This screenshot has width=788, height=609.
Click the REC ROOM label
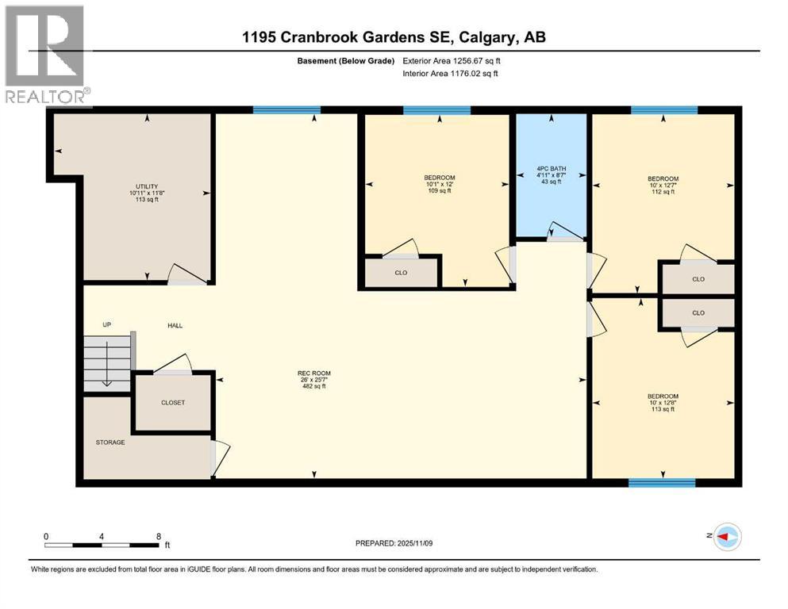coord(313,373)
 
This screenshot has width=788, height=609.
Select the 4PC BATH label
coord(552,168)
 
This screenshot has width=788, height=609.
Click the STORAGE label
coord(110,442)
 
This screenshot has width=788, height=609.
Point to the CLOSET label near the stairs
coord(172,403)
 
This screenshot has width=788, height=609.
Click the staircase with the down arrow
coord(107,362)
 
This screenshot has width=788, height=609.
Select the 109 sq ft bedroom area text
coord(439,191)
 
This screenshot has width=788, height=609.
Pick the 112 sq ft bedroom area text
coord(663,192)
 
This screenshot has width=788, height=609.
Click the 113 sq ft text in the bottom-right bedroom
coord(663,410)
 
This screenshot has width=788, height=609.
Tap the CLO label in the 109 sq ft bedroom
coord(401,273)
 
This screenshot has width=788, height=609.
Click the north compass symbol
coord(726,538)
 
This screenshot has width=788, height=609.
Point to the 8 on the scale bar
coord(159,536)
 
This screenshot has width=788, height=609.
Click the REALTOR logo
coord(46,55)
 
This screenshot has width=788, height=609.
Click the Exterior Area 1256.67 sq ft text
coord(452,61)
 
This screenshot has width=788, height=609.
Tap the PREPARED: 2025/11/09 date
coord(394,543)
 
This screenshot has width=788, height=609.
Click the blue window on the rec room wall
coord(286,110)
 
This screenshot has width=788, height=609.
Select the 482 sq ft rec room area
coord(313,387)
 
